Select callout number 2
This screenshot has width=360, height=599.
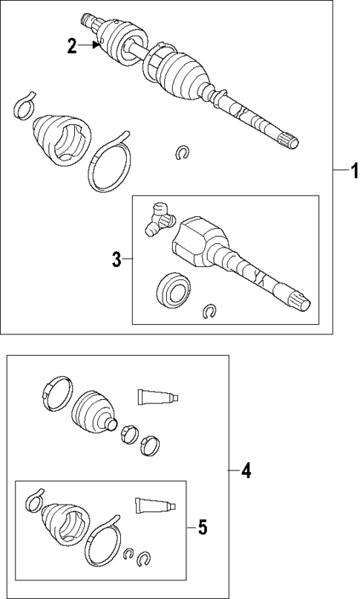click(x=72, y=46)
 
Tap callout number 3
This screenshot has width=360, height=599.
click(x=117, y=259)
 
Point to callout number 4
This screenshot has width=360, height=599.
click(x=246, y=470)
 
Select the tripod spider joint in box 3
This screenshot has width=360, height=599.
click(x=159, y=218)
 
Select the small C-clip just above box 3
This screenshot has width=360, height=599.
click(x=181, y=152)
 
